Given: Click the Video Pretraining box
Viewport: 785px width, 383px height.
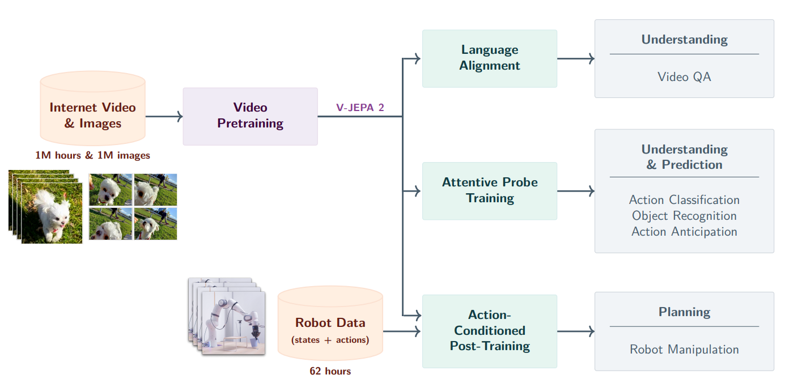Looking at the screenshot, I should tap(250, 116).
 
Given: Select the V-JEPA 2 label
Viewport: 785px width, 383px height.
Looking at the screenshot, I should tap(360, 108).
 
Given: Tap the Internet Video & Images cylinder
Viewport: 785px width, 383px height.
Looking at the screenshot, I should tap(92, 115).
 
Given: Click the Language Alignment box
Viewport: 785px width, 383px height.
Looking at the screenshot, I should tap(490, 58).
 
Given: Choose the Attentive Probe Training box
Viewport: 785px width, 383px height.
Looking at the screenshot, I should tap(490, 191).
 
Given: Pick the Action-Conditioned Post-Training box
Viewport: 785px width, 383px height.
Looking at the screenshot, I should tap(490, 331).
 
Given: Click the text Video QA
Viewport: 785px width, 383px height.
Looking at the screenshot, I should tap(684, 76).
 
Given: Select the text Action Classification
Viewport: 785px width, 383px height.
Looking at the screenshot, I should tap(684, 200).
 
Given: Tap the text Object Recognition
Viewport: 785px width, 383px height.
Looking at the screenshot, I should tap(684, 216).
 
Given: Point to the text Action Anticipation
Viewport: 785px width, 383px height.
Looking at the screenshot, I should tap(684, 232).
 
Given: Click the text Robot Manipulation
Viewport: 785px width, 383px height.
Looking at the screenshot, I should tap(684, 350).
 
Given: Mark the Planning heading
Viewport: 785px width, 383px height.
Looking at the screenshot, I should tap(684, 312).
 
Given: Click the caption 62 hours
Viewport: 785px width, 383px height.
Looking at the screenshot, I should tap(330, 372).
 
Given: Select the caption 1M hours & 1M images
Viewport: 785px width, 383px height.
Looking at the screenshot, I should tap(92, 155).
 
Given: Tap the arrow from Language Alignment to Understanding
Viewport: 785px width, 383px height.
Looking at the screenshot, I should tap(575, 58).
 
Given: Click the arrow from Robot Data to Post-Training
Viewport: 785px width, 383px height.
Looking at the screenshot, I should tap(402, 331).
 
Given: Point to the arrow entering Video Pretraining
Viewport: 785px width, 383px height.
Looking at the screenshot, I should tap(164, 117).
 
